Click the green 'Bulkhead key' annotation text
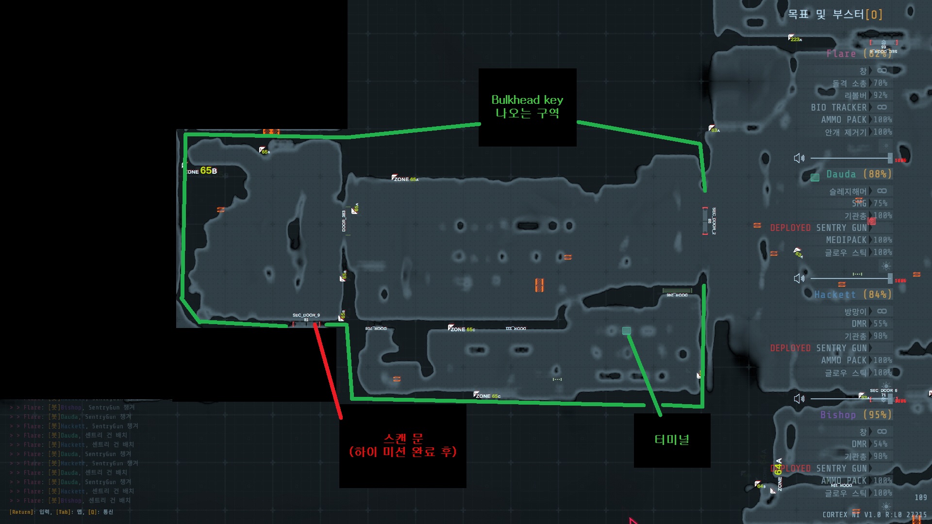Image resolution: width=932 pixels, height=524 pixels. [x=527, y=100]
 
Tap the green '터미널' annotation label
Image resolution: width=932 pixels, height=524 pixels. [x=672, y=440]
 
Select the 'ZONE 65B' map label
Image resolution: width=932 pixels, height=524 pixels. [x=202, y=171]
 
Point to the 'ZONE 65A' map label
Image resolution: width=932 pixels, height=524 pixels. [x=406, y=179]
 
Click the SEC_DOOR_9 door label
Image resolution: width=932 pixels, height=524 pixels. [x=306, y=316]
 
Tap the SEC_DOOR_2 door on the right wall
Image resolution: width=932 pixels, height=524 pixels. [x=705, y=221]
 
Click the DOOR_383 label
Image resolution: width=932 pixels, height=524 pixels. [x=344, y=221]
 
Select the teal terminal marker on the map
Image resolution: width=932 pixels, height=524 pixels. [x=626, y=331]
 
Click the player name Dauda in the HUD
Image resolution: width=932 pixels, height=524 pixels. [x=841, y=174]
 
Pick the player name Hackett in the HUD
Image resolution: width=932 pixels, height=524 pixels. [x=835, y=295]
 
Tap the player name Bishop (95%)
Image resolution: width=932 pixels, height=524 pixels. [x=855, y=415]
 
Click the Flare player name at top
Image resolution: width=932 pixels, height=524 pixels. [x=841, y=54]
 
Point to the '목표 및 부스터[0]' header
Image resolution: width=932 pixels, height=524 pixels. [x=834, y=15]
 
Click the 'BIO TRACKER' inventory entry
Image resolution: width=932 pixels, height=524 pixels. [x=838, y=107]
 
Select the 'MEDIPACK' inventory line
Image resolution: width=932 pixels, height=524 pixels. [x=846, y=240]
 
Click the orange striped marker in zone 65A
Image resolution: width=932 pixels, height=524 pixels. [x=539, y=285]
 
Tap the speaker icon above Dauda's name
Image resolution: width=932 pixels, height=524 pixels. [x=799, y=158]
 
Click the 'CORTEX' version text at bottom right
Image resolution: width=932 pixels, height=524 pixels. [x=834, y=514]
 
